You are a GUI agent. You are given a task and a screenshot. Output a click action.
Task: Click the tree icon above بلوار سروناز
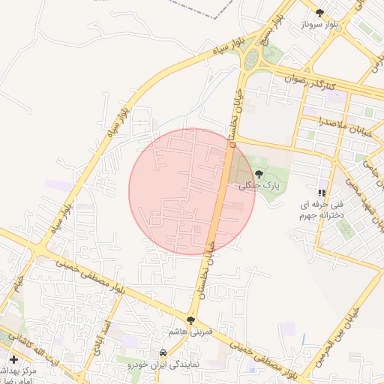pos(320,13)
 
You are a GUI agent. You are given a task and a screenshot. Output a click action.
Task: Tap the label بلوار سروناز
pos(322,25)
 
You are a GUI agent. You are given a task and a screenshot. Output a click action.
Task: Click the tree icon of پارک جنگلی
pos(259,174)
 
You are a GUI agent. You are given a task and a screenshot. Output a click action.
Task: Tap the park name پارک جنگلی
pos(253,185)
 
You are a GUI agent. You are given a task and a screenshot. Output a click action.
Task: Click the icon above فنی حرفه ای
pos(322,192)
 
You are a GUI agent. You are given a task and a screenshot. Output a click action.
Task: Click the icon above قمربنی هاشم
pos(191,319)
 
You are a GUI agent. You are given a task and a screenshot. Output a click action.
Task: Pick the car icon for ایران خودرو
pos(162,352)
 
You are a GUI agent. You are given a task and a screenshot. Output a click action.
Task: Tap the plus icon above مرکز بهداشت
pos(14,360)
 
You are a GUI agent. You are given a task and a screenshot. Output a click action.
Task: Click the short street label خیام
pos(16,286)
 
